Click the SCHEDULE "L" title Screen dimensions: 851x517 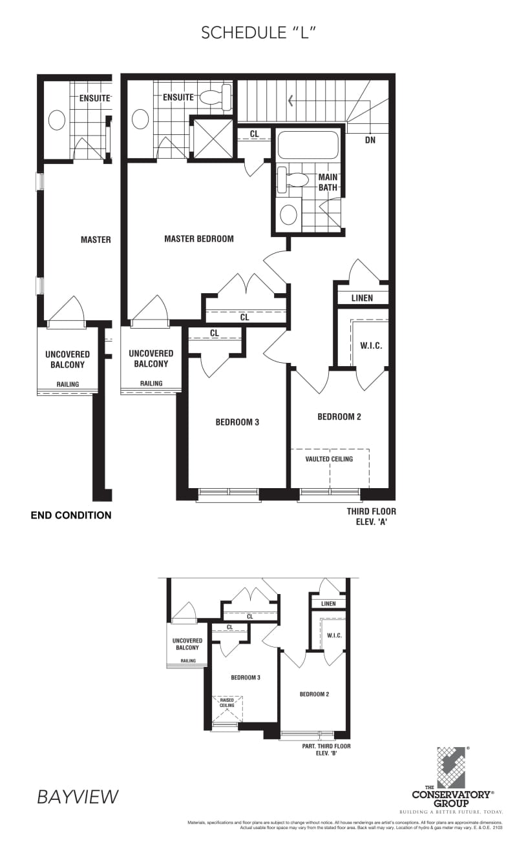pyautogui.click(x=258, y=33)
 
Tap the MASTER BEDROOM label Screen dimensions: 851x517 pyautogui.click(x=199, y=239)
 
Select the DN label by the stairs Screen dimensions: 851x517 pyautogui.click(x=370, y=140)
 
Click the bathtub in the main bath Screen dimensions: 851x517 pyautogui.click(x=308, y=145)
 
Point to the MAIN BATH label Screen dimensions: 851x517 pyautogui.click(x=328, y=182)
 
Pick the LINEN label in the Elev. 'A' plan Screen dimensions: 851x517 pyautogui.click(x=362, y=298)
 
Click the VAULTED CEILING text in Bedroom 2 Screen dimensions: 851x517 pyautogui.click(x=330, y=459)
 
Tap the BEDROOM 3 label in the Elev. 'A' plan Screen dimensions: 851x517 pyautogui.click(x=237, y=422)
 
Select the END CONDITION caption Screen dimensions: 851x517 pyautogui.click(x=71, y=515)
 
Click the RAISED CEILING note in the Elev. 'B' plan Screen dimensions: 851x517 pyautogui.click(x=227, y=702)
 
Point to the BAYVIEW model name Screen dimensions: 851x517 pyautogui.click(x=78, y=797)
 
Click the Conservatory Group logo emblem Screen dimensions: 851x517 pyautogui.click(x=452, y=768)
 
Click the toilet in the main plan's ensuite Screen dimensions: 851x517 pyautogui.click(x=216, y=97)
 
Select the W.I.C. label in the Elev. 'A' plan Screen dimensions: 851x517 pyautogui.click(x=371, y=346)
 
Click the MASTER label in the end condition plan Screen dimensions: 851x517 pyautogui.click(x=96, y=240)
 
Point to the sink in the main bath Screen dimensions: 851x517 pyautogui.click(x=289, y=214)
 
